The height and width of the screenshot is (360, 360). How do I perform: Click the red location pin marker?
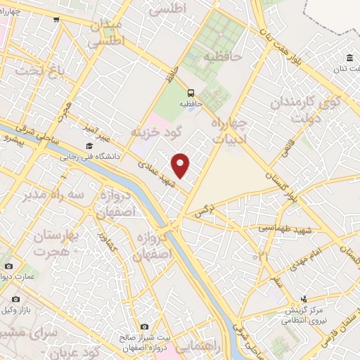click(x=181, y=165)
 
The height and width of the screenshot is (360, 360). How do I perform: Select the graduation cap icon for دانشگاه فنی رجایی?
click(x=89, y=146)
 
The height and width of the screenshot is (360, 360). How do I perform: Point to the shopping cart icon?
click(x=55, y=20)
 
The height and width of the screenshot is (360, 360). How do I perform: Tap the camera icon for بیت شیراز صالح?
click(x=145, y=326)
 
